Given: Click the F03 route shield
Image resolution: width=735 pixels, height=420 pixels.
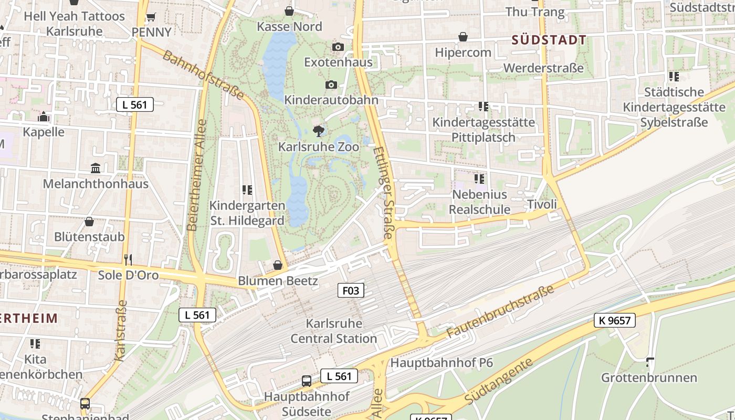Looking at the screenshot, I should coord(350,290).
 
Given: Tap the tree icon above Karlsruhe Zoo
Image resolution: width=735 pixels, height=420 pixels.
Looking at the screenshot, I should coord(318,131).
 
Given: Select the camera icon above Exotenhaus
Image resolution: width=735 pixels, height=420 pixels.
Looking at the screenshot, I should coord(338,47).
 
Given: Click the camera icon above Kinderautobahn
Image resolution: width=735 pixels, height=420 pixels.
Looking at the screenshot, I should coord(331,85).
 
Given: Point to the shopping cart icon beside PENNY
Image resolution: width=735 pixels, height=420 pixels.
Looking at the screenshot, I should coord(151,17).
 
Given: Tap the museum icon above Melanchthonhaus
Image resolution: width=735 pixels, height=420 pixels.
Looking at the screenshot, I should coord(96,168).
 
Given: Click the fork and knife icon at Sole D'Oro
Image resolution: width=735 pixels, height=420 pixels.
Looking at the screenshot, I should coord(128,259).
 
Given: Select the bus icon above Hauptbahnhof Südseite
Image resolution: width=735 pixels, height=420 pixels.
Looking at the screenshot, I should coord(307,381).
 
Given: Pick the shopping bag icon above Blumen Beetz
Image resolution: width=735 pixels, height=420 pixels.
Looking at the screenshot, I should coord(278,265).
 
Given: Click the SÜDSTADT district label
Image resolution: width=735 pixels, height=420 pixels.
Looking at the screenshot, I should coord(549,40).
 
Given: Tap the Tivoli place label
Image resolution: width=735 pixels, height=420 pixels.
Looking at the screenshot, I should coord(541,204).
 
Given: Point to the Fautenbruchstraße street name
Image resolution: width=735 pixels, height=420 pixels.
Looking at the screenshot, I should coord(500,312).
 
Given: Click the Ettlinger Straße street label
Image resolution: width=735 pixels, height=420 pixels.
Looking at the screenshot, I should coord(384,193).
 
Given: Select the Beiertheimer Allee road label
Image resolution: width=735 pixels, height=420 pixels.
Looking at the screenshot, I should coord(197,175).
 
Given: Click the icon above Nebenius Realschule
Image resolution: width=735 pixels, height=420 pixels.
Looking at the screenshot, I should coord(479,178).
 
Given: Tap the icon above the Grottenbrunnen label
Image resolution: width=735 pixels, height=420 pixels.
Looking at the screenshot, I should coord(650,362).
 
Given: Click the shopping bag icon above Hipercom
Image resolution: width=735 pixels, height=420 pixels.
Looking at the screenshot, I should coord(463,37).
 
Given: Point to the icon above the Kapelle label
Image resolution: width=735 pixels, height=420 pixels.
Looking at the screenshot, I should coord(44,117).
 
